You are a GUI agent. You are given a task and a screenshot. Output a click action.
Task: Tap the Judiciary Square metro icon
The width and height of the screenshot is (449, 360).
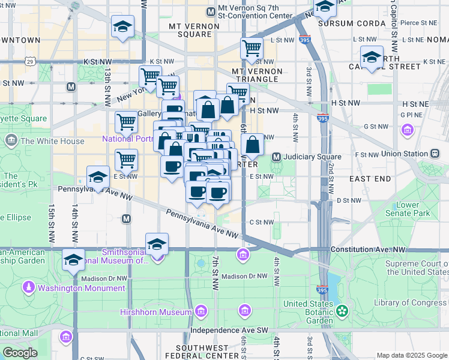(277, 157)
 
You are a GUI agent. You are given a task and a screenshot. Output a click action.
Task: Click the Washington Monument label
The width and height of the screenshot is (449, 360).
(81, 288)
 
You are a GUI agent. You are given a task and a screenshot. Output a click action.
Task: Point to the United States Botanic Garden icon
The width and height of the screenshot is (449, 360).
(342, 311)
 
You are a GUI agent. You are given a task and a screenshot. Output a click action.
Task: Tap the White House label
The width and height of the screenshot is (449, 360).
(53, 142)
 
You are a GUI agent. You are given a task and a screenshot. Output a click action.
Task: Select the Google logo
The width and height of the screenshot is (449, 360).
(20, 352)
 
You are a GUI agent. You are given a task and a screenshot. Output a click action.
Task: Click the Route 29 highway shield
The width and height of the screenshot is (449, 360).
(29, 61)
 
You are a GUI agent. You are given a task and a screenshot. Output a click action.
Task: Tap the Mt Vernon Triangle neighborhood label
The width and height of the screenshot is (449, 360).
(256, 75)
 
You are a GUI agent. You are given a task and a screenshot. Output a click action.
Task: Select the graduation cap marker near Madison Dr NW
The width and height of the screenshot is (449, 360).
(73, 260)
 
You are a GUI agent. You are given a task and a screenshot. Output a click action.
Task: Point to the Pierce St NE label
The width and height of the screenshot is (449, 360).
(420, 23)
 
